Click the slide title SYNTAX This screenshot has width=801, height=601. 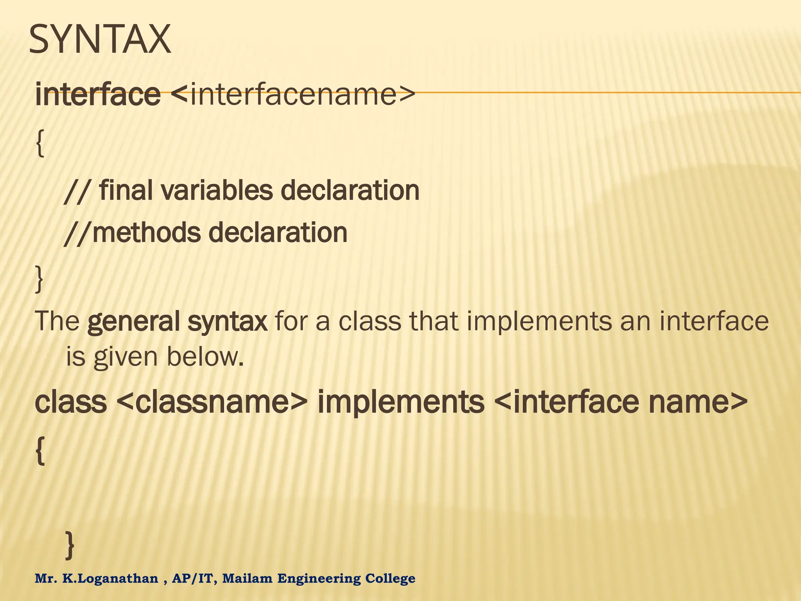pos(100,40)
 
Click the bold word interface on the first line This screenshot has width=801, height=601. pos(98,95)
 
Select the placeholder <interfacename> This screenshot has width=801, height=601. pos(293,95)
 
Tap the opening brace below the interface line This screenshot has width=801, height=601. pos(40,144)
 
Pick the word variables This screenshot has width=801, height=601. pos(217,191)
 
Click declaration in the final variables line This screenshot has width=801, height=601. pos(350,191)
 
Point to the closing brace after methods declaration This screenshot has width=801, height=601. pos(39,279)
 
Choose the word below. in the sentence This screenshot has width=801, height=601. pos(205,357)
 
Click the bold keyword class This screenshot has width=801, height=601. pos(71,402)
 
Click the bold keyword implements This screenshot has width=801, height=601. pos(401,402)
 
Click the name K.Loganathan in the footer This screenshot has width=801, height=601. pos(111,578)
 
